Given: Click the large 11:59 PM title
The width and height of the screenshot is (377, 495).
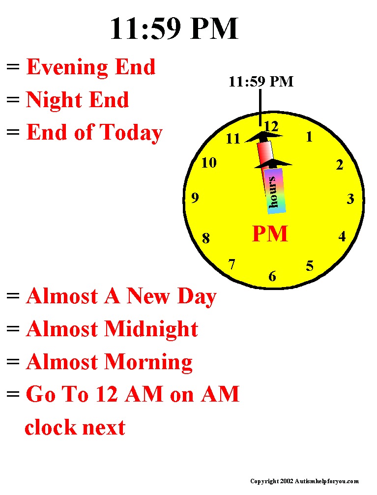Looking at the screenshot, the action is [174, 29].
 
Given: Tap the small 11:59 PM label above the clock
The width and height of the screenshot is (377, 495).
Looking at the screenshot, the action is [261, 82].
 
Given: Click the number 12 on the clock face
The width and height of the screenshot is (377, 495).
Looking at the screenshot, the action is [271, 127].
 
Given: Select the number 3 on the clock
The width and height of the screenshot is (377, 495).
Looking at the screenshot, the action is [350, 199].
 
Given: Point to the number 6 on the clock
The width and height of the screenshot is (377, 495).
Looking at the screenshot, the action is [272, 277].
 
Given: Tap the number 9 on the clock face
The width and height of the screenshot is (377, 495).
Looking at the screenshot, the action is [195, 198].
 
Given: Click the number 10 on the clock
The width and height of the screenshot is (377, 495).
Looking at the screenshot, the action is [209, 163].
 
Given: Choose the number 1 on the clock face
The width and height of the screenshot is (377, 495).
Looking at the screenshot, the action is [310, 137].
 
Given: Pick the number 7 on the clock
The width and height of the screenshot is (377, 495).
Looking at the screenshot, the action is [232, 264].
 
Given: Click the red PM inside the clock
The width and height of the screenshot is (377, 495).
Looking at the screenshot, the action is [270, 233].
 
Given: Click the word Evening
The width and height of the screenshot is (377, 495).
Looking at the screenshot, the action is [67, 67].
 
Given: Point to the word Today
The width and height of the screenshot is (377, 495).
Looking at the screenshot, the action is [131, 133].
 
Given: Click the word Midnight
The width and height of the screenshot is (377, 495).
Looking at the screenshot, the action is [151, 329].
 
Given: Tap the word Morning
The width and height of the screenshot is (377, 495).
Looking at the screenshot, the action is [148, 362].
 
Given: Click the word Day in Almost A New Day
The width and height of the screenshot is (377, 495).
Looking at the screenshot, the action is [197, 296].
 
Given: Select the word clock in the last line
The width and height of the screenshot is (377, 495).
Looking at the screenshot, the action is [49, 428].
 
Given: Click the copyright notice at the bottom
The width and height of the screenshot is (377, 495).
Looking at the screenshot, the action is [304, 481].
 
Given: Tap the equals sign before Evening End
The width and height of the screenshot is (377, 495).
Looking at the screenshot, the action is [13, 67].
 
